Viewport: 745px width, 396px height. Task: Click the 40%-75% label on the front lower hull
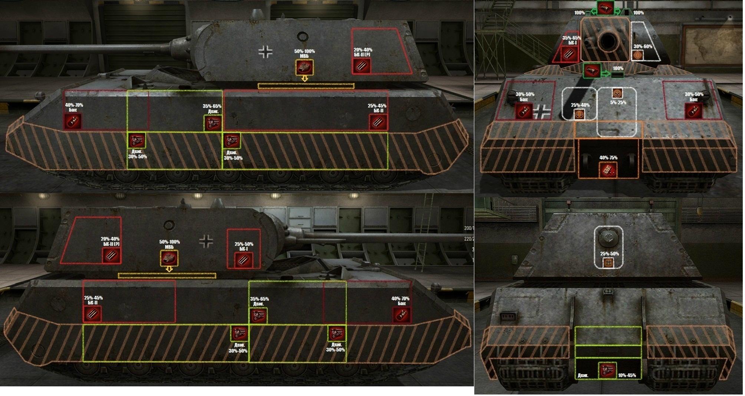pyautogui.click(x=609, y=158)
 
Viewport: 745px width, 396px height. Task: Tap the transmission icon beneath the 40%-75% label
pyautogui.click(x=609, y=170)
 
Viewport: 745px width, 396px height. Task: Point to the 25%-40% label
pyautogui.click(x=580, y=105)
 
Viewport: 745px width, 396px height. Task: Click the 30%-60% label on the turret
pyautogui.click(x=643, y=46)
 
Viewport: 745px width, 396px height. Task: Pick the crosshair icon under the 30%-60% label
pyautogui.click(x=638, y=55)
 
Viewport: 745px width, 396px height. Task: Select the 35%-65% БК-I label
pyautogui.click(x=572, y=40)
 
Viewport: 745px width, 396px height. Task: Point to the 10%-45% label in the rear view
pyautogui.click(x=627, y=375)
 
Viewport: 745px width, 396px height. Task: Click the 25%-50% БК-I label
pyautogui.click(x=244, y=247)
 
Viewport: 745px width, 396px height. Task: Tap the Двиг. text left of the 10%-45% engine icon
pyautogui.click(x=583, y=376)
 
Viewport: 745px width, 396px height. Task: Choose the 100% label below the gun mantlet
pyautogui.click(x=618, y=68)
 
